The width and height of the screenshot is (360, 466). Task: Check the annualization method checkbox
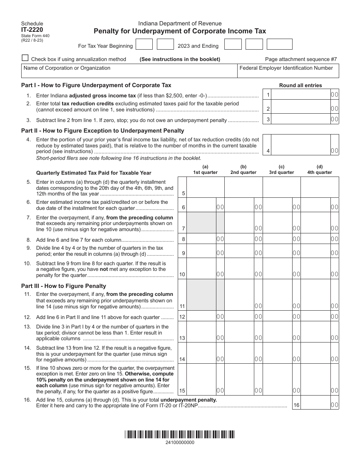[25, 58]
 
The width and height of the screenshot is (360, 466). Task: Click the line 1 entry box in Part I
[301, 95]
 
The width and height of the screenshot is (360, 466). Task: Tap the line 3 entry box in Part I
[301, 119]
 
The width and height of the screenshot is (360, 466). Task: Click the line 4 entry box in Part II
[301, 145]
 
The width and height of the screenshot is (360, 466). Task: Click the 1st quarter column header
[205, 170]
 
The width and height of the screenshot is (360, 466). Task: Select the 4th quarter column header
[319, 170]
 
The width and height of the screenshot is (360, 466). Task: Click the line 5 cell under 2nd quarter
[244, 188]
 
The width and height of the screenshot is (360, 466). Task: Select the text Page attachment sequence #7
[301, 59]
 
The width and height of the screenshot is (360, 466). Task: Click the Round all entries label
[301, 85]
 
